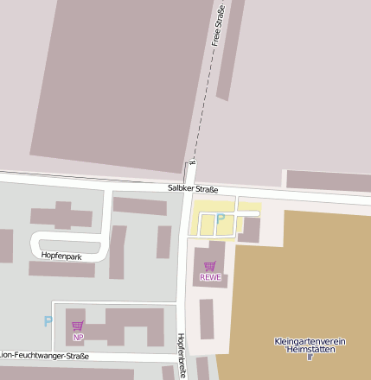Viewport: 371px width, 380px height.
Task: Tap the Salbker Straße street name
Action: tap(193, 189)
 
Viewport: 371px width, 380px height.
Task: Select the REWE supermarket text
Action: tap(210, 277)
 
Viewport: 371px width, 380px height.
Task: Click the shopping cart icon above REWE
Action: tap(209, 267)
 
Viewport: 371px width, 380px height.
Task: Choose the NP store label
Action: tap(78, 337)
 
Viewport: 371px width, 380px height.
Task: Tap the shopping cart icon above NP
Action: tap(78, 326)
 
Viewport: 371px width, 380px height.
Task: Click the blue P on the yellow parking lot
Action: tap(220, 219)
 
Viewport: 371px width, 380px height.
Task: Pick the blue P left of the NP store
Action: tap(48, 321)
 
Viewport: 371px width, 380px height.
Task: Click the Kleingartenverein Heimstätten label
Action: tap(310, 345)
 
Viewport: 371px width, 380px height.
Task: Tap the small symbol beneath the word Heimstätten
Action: tap(310, 357)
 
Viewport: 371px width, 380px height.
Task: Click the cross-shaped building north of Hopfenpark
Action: tap(62, 215)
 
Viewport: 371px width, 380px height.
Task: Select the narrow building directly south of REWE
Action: tap(207, 318)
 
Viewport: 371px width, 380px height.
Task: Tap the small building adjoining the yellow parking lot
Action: tap(249, 230)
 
